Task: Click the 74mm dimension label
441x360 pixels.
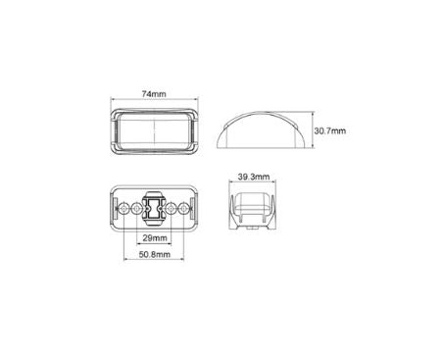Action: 155,93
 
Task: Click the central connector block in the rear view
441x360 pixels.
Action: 155,209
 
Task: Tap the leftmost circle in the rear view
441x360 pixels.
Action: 124,209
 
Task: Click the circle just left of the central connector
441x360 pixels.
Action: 137,209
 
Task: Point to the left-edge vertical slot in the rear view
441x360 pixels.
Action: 115,209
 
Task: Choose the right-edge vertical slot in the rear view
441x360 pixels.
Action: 195,209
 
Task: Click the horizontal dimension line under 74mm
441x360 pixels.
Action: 155,101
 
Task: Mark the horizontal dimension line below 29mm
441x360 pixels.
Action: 155,245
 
